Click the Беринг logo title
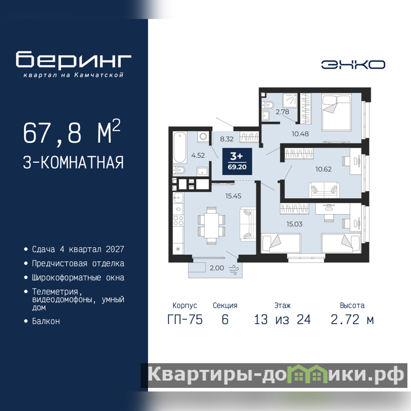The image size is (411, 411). point(73,60)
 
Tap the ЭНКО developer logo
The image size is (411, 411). point(353,65)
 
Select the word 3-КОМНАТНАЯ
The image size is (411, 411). point(73,162)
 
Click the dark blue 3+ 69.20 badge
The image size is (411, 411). point(237,161)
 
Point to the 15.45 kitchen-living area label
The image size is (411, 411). point(233,196)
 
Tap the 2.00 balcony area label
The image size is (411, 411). point(217,268)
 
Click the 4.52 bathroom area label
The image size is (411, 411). point(198,155)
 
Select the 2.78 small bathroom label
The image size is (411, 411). point(282,111)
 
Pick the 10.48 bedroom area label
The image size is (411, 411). point(300,134)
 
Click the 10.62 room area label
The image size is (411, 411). point(324,169)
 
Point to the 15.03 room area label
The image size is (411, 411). point(294,224)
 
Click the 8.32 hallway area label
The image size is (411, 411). point(227,139)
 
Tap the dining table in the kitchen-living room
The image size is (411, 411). point(211,226)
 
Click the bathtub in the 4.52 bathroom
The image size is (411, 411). point(179,147)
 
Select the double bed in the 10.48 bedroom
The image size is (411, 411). point(337,113)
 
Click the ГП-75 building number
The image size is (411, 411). point(185,320)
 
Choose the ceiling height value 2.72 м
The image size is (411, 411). point(352,320)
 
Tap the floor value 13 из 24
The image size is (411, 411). point(282,320)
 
